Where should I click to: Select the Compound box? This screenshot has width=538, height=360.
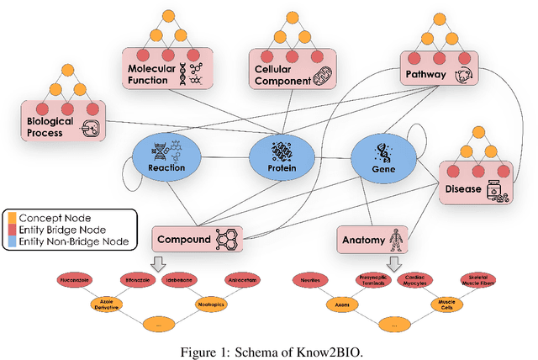click(195, 239)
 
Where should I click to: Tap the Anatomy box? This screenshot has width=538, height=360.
click(372, 239)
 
